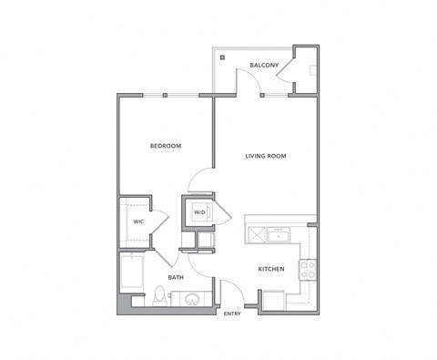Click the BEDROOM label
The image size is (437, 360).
(x=166, y=146)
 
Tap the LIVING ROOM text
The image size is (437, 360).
(x=266, y=156)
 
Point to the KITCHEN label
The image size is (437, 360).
(x=272, y=269)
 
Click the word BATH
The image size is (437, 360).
(x=176, y=276)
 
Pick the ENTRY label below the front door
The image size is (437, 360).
(x=233, y=314)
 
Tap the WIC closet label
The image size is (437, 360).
(x=138, y=221)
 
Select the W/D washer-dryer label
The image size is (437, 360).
(x=199, y=213)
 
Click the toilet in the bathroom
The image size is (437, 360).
(x=161, y=295)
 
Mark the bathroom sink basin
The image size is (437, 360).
(x=192, y=298)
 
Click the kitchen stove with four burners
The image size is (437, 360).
(x=308, y=269)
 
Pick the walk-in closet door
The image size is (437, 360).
(x=158, y=221)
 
